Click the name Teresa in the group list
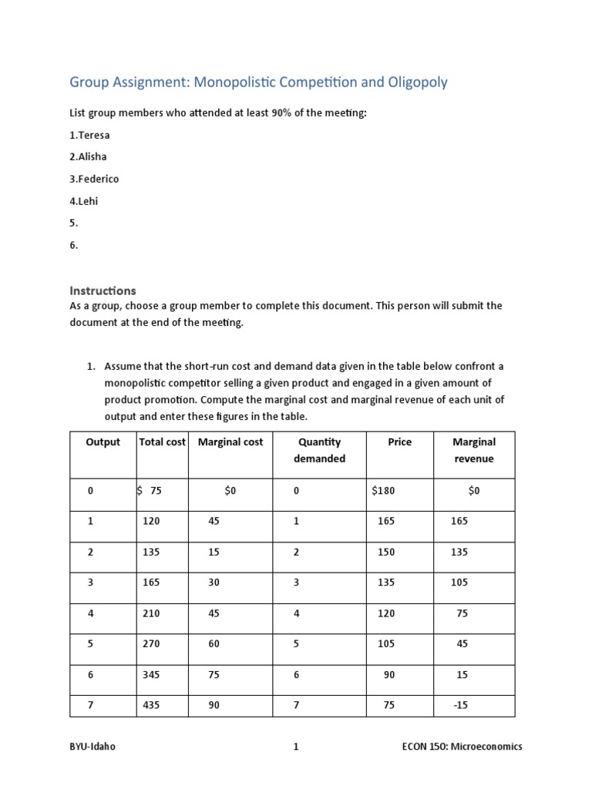(95, 135)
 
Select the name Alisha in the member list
(93, 157)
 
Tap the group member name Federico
(98, 179)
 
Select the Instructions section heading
(103, 290)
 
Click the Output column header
(103, 442)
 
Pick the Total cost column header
(163, 442)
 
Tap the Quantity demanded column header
(319, 450)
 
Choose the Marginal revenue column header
(474, 450)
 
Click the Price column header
(400, 442)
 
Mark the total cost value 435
(151, 705)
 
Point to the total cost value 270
(151, 644)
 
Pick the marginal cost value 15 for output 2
(214, 552)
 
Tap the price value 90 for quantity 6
(388, 674)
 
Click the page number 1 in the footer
(295, 747)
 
